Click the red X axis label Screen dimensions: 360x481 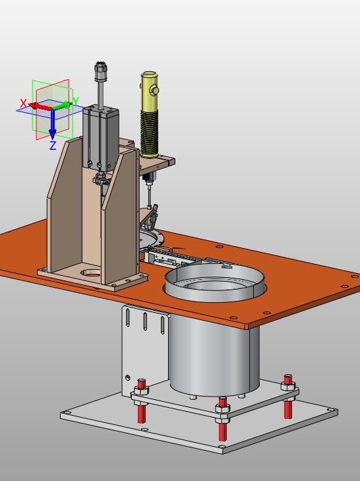point(23,104)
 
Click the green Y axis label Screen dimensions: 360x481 point(76,100)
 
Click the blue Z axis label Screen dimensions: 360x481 point(53,145)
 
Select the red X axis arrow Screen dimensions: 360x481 point(41,106)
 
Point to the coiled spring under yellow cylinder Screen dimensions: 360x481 point(149,133)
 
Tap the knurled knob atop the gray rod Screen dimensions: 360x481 point(101,71)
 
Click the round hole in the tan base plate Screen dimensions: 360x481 point(91,273)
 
